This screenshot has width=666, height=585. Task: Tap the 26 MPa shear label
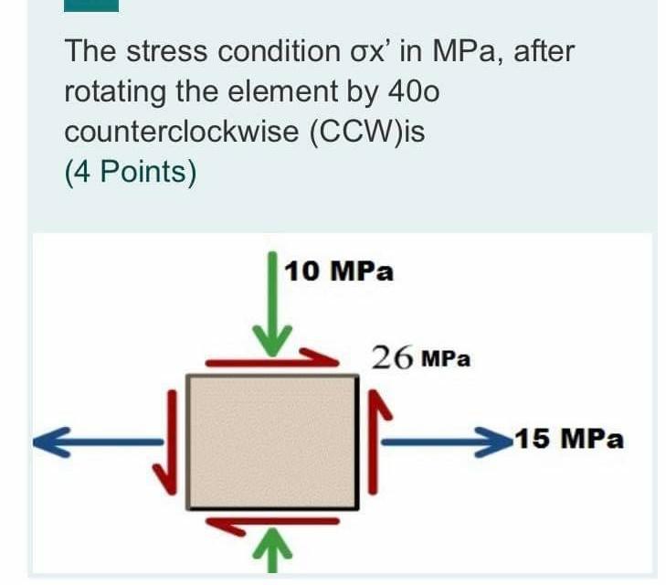coord(421,357)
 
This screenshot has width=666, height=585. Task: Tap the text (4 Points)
coord(130,172)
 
